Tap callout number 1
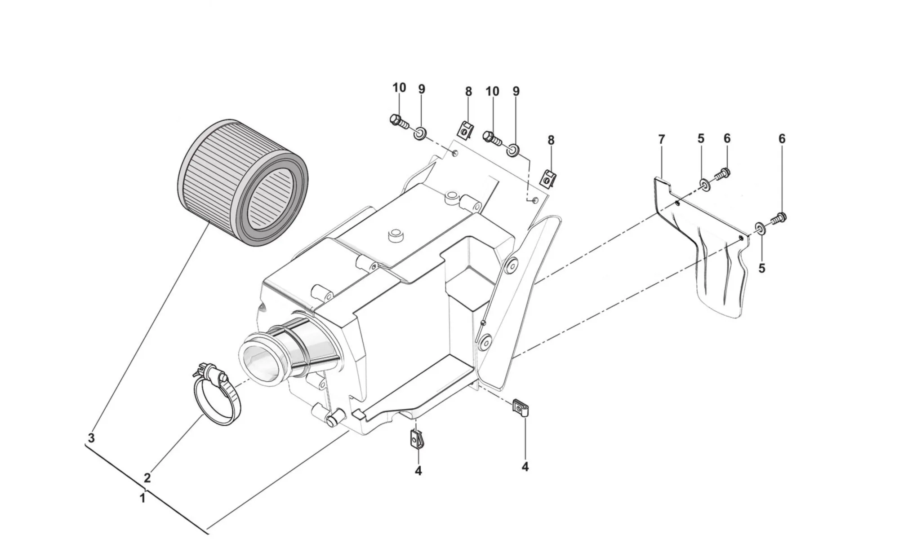pyautogui.click(x=142, y=499)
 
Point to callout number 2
pyautogui.click(x=147, y=477)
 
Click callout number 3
pyautogui.click(x=91, y=438)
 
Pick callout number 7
pyautogui.click(x=661, y=139)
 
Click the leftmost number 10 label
pyautogui.click(x=399, y=88)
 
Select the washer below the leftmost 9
pyautogui.click(x=421, y=133)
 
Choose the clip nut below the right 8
pyautogui.click(x=548, y=178)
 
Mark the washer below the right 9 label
pyautogui.click(x=513, y=150)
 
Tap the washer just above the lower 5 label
pyautogui.click(x=760, y=228)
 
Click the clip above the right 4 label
pyautogui.click(x=521, y=408)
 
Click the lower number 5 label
pyautogui.click(x=761, y=268)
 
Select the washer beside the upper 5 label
pyautogui.click(x=705, y=184)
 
